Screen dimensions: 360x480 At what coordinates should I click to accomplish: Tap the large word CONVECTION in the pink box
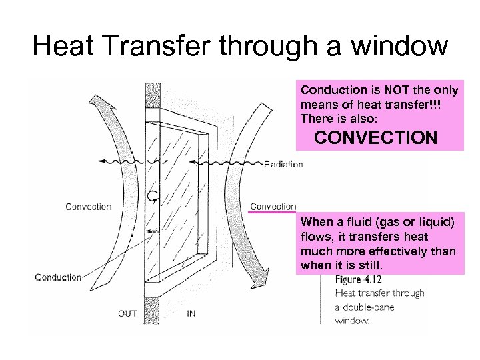376,138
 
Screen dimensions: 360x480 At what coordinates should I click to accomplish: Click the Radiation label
283,165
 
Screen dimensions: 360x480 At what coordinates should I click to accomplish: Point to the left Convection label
88,207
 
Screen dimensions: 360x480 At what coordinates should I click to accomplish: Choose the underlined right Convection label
273,207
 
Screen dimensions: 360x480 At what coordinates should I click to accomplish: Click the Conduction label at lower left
58,277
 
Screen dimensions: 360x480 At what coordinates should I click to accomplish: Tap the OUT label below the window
128,313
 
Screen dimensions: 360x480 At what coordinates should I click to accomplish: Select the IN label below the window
191,313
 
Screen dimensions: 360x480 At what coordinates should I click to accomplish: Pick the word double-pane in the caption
369,307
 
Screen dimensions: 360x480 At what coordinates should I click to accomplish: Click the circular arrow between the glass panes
153,195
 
